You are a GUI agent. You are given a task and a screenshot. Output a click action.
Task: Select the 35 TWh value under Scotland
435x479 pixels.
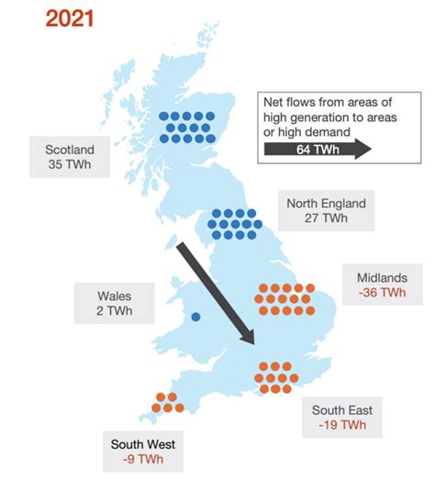point(69,164)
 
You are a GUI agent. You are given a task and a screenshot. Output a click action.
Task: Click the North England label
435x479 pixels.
point(325,204)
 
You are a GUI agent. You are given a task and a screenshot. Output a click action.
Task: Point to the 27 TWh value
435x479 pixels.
point(325,219)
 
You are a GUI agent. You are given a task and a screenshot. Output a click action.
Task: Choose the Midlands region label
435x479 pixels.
point(380,277)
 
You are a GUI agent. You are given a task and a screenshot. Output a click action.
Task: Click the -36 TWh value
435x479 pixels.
point(380,293)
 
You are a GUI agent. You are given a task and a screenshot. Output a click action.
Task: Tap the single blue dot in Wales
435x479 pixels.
point(195,317)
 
